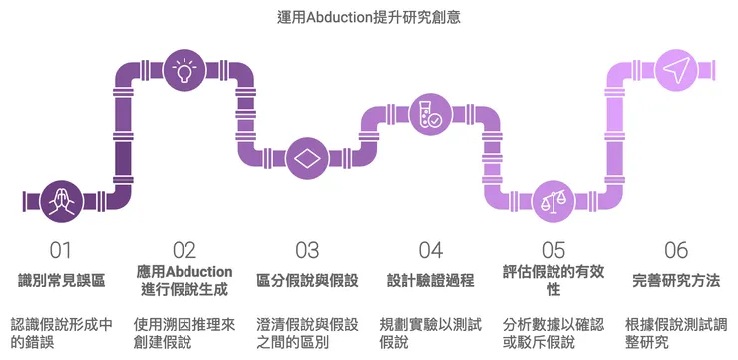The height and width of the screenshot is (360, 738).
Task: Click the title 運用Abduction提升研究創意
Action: coord(368,17)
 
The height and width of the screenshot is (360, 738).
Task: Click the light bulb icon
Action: coord(184,70)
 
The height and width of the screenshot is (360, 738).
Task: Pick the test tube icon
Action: coord(430,114)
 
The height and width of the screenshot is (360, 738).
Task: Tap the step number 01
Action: coord(61,250)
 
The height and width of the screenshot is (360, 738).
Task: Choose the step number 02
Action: coord(184,250)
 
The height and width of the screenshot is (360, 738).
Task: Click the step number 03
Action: coord(307,250)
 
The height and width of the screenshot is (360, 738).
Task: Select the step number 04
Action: coord(430,250)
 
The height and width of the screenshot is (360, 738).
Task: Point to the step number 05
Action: coord(553,250)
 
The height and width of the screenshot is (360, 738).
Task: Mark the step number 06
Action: coord(676,250)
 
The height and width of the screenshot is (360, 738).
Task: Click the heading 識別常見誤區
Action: coord(61,280)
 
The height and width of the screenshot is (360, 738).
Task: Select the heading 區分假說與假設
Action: coord(307,280)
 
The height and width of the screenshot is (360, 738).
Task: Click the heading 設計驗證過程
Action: coord(430,280)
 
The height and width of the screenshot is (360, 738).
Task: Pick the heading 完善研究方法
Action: coord(676,280)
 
